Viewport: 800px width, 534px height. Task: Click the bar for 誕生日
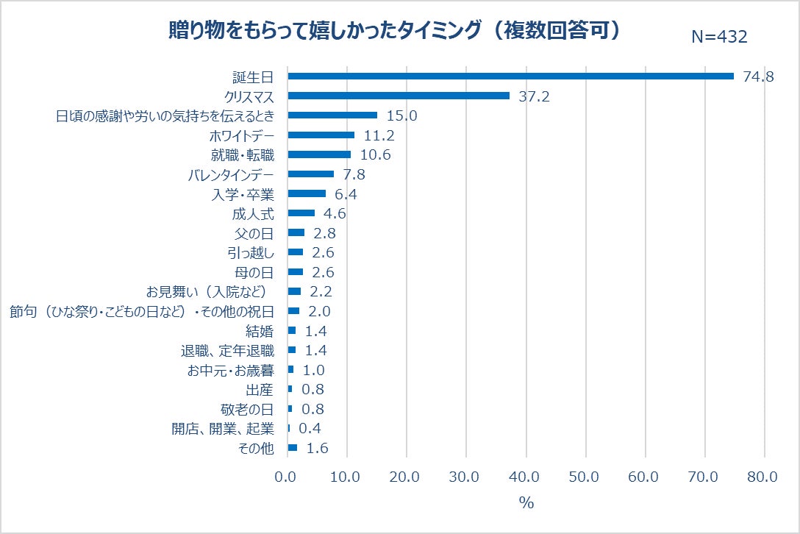510,76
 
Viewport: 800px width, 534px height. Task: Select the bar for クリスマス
399,96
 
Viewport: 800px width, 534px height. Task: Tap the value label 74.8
758,76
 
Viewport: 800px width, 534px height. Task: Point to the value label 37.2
534,96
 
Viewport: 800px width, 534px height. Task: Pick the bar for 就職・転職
319,154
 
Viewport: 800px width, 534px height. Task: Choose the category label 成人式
252,213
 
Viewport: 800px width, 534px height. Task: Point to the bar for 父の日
296,232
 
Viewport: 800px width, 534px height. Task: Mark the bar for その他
292,448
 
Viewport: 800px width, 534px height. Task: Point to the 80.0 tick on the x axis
762,477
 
